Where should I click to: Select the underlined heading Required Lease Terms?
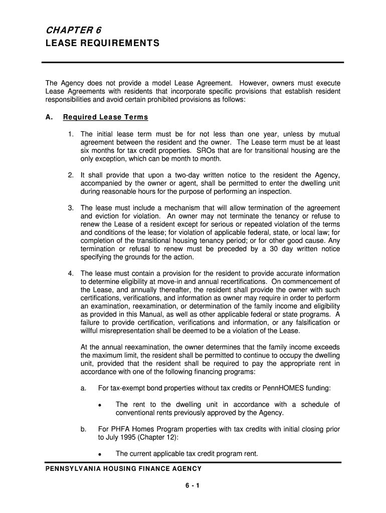pyautogui.click(x=105, y=117)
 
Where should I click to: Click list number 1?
pyautogui.click(x=71, y=134)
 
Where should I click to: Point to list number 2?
pyautogui.click(x=71, y=175)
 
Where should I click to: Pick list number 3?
pyautogui.click(x=71, y=207)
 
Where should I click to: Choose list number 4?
pyautogui.click(x=71, y=273)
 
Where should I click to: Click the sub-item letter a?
pyautogui.click(x=83, y=388)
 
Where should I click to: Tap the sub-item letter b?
pyautogui.click(x=83, y=429)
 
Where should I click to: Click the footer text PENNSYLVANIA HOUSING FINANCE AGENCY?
pyautogui.click(x=123, y=468)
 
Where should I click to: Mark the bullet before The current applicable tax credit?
pyautogui.click(x=101, y=454)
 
